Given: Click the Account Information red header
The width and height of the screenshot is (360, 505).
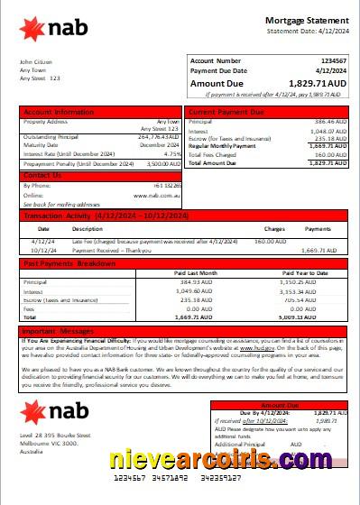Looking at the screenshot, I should coord(58,112).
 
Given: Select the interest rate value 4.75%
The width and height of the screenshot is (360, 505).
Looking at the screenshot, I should coord(170,154).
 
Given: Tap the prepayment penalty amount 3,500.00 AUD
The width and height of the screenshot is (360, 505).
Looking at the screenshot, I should coord(161,164).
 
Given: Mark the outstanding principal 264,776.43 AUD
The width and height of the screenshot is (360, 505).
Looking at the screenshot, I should coord(159,137).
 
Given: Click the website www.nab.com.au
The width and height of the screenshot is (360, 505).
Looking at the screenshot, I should coord(163,194).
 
